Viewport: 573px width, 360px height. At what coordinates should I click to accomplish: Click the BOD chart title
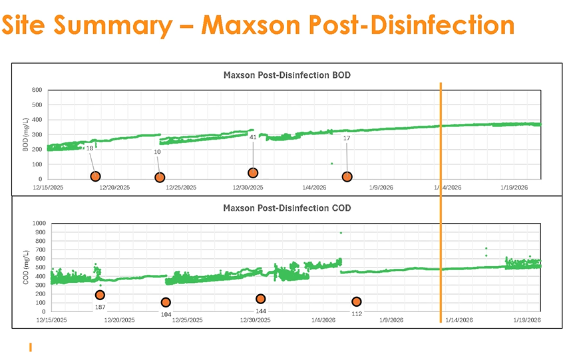click(x=286, y=75)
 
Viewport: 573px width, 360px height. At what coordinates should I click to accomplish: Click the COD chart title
click(x=286, y=208)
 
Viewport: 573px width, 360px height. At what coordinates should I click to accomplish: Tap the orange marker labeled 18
click(x=95, y=176)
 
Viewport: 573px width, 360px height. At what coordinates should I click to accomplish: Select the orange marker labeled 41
click(x=253, y=173)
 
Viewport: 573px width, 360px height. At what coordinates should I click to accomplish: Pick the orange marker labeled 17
click(x=347, y=176)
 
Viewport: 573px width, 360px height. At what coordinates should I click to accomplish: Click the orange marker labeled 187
click(x=100, y=295)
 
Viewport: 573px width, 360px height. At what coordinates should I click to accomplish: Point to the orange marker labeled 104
click(x=166, y=302)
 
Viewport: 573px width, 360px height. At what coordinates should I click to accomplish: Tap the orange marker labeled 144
click(x=261, y=299)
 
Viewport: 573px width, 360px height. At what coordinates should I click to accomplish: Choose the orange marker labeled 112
click(x=357, y=301)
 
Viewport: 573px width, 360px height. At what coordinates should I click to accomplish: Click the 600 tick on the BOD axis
click(x=37, y=90)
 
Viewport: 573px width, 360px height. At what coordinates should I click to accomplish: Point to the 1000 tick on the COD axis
click(x=39, y=224)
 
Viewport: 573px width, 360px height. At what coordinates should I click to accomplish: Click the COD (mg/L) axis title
click(x=25, y=268)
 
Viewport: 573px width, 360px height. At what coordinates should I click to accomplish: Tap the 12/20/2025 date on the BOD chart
click(x=114, y=188)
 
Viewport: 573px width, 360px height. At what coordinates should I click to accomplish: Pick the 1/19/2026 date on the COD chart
click(x=525, y=320)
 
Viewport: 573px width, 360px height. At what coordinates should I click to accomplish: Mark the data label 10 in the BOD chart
click(x=157, y=152)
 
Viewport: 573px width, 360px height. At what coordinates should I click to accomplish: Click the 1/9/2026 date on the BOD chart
click(x=381, y=188)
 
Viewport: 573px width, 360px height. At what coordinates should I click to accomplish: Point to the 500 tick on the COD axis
click(x=41, y=268)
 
